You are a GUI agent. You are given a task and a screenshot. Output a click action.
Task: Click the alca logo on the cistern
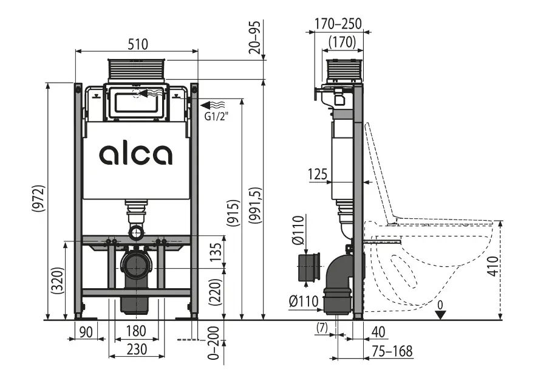135,154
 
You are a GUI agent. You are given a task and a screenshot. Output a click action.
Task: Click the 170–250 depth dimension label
338,24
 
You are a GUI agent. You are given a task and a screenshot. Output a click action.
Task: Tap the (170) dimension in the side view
341,43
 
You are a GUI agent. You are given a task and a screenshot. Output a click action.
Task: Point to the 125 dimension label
317,175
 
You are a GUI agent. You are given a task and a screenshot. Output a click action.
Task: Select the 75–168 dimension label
392,351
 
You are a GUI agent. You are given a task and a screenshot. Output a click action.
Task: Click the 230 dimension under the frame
137,350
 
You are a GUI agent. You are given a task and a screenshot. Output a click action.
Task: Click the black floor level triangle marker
441,314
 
